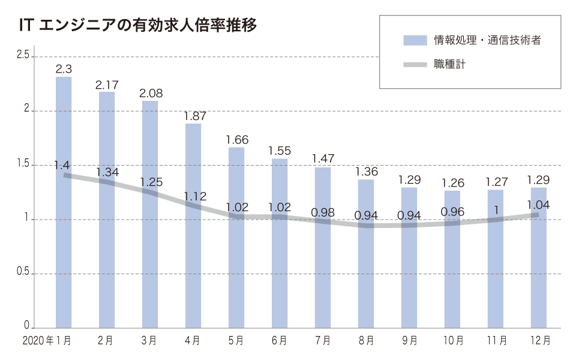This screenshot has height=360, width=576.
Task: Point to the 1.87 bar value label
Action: pyautogui.click(x=193, y=116)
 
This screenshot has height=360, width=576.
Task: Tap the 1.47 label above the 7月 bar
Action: pyautogui.click(x=323, y=160)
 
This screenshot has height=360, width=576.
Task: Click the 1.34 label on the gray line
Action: pyautogui.click(x=107, y=173)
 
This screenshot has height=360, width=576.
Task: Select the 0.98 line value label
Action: pyautogui.click(x=323, y=212)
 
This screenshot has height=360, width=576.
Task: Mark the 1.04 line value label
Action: pyautogui.click(x=538, y=204)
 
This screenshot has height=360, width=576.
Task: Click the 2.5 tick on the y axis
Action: pyautogui.click(x=23, y=56)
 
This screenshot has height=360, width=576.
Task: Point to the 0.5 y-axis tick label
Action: pyautogui.click(x=23, y=273)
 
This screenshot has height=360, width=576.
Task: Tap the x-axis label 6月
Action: pyautogui.click(x=280, y=341)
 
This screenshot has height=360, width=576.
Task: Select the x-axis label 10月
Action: pyautogui.click(x=452, y=341)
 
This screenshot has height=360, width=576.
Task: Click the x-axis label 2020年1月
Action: pyautogui.click(x=47, y=341)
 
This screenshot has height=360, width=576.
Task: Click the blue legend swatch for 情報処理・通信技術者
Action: pyautogui.click(x=415, y=40)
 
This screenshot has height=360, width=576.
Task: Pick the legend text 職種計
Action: pyautogui.click(x=450, y=64)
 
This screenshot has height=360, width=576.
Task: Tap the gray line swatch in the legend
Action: pyautogui.click(x=415, y=64)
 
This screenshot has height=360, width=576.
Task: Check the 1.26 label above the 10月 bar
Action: pyautogui.click(x=452, y=182)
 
